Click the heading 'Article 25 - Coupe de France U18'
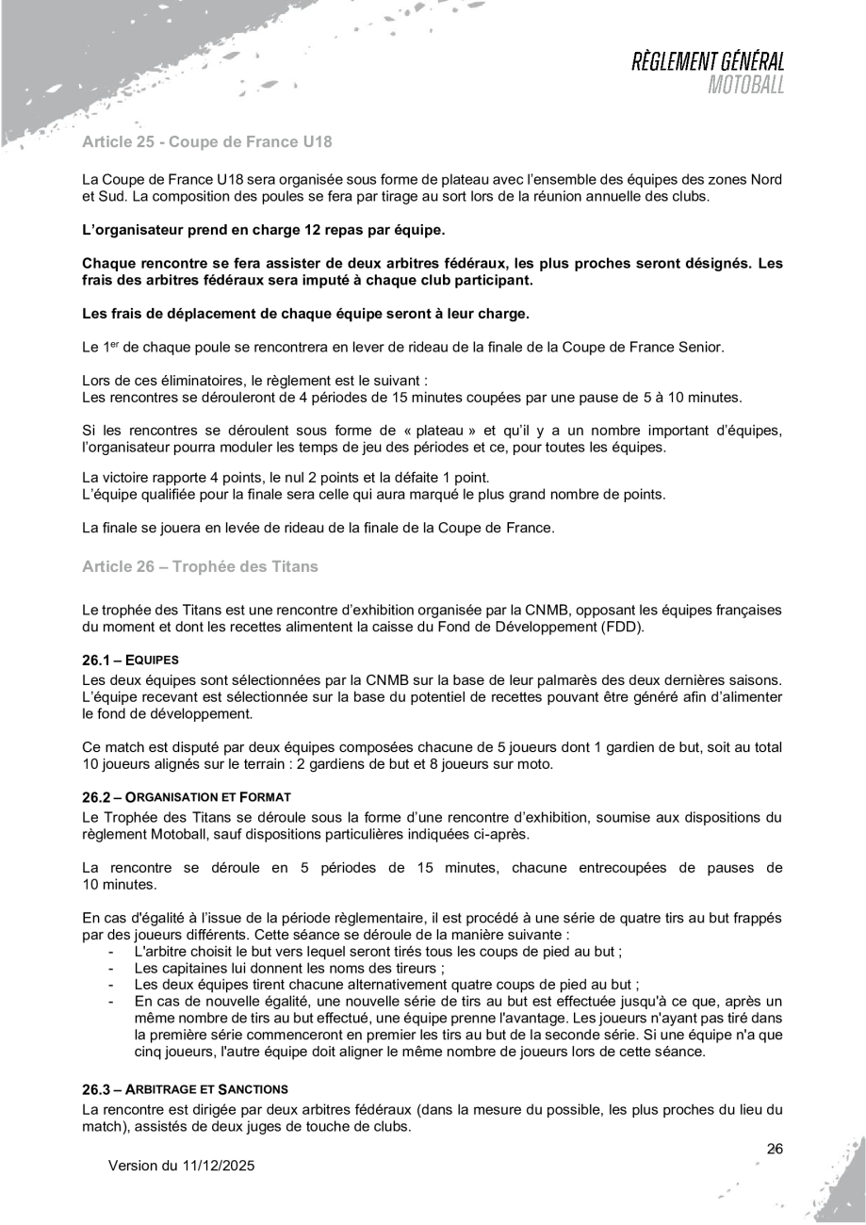[x=207, y=144]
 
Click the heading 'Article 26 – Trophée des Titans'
[x=201, y=566]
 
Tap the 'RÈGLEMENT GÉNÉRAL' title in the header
[x=709, y=63]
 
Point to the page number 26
[x=775, y=1149]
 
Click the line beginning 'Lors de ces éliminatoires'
[x=255, y=381]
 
